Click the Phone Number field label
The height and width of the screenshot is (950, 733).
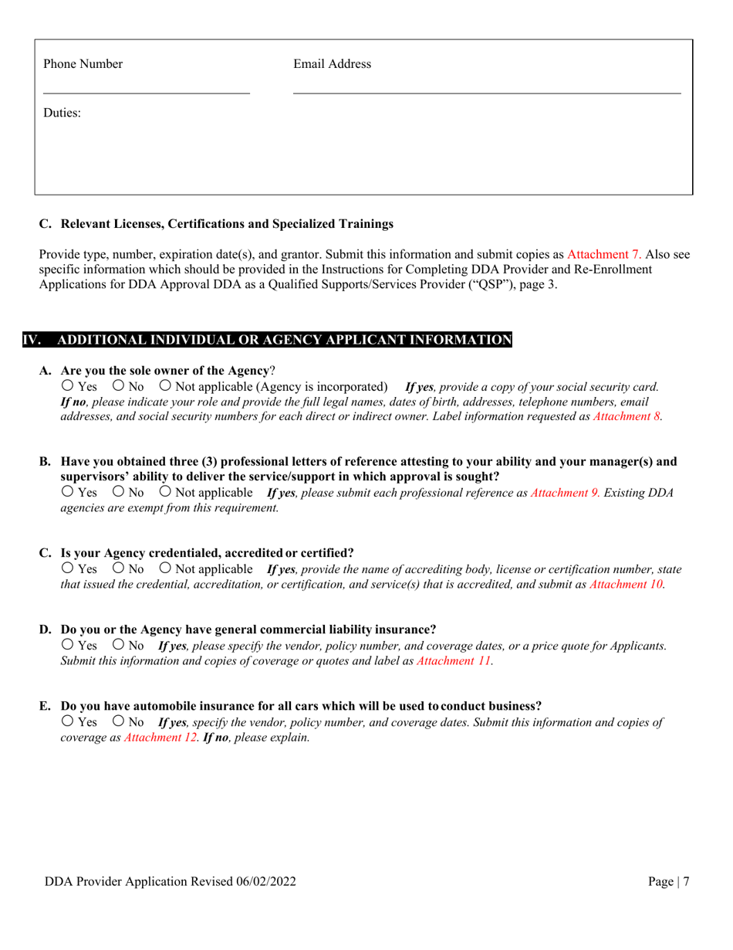(83, 64)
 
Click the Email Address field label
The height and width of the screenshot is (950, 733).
(332, 64)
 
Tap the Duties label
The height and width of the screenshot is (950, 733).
(62, 114)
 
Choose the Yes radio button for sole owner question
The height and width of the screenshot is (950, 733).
(67, 385)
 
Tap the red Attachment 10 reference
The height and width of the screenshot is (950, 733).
(627, 585)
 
